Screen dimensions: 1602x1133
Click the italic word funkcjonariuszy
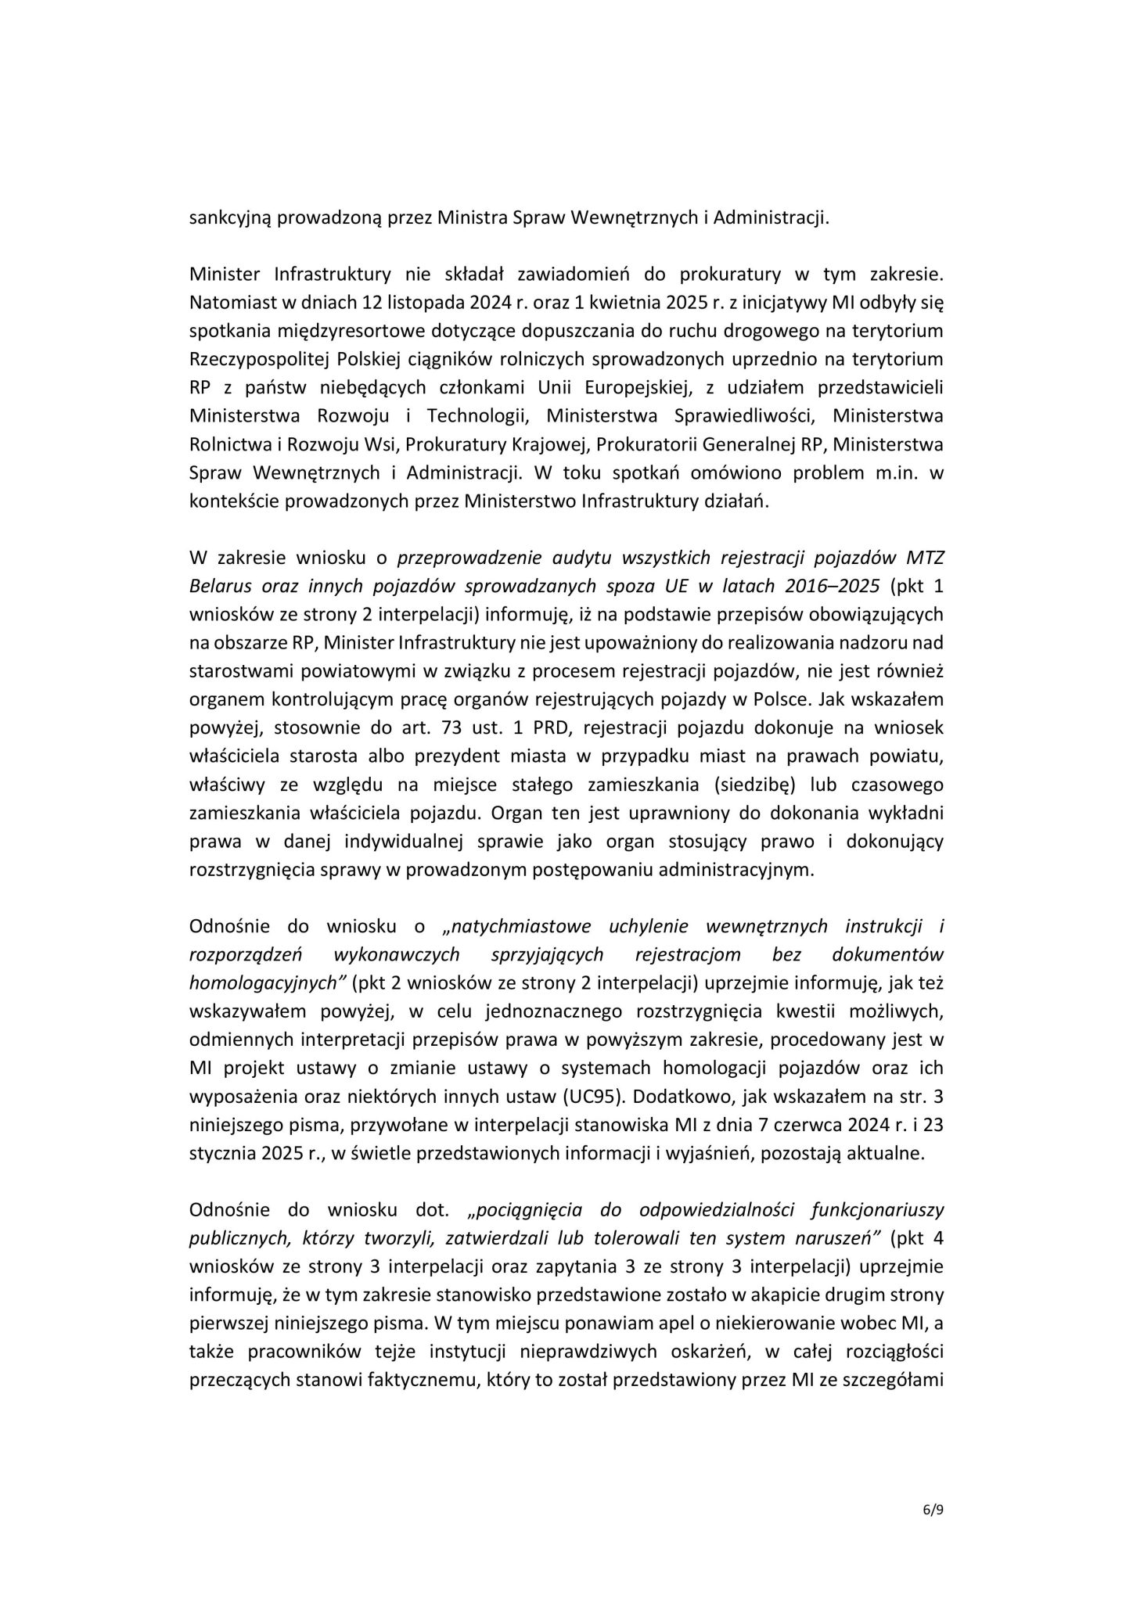click(876, 1209)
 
